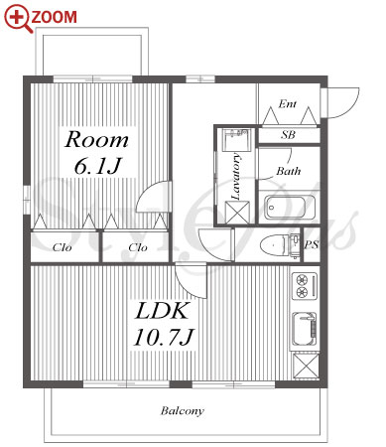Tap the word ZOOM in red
[55, 17]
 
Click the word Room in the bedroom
[96, 140]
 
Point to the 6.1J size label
[96, 166]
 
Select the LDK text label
[162, 311]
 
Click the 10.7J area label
[164, 337]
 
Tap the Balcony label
[183, 411]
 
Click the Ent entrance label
[287, 104]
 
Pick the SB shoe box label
[288, 135]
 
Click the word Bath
[289, 171]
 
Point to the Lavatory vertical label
[235, 176]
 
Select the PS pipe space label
[312, 244]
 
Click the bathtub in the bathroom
[290, 208]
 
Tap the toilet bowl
[275, 245]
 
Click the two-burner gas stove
[305, 286]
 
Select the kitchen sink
[305, 330]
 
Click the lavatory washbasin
[235, 140]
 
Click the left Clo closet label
[62, 247]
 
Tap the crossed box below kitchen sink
[307, 367]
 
